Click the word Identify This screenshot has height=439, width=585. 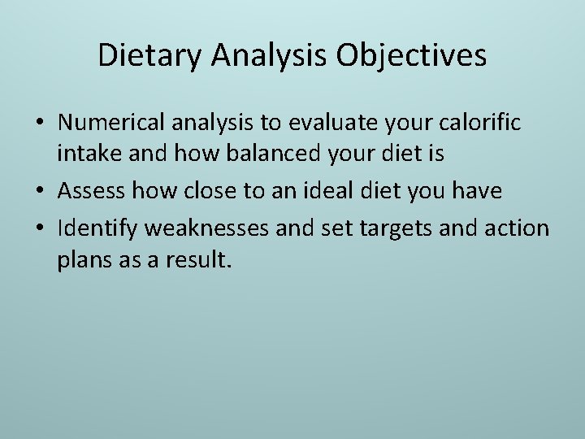tap(97, 228)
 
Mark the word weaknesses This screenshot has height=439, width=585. tap(207, 228)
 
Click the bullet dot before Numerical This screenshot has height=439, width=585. tap(40, 124)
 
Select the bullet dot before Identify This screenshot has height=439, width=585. tap(40, 228)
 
